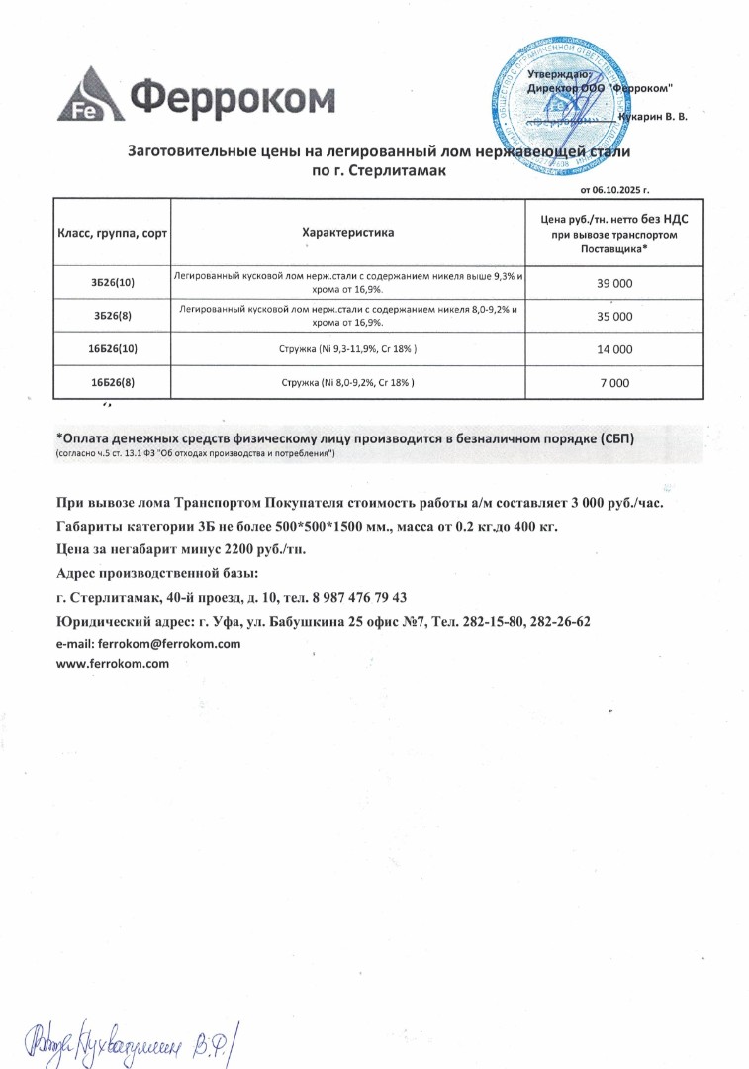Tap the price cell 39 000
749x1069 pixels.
click(x=614, y=283)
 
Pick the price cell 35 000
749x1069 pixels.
click(x=614, y=317)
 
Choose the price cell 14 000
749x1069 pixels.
click(x=614, y=349)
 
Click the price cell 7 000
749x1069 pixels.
click(x=614, y=382)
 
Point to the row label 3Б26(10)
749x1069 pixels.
click(x=113, y=283)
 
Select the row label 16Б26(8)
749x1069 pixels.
click(x=113, y=382)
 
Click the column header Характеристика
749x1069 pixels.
click(x=347, y=233)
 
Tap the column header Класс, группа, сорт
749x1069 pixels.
click(x=113, y=233)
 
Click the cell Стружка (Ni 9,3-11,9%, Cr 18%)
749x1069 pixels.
click(x=347, y=349)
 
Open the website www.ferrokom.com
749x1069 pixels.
click(x=114, y=664)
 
